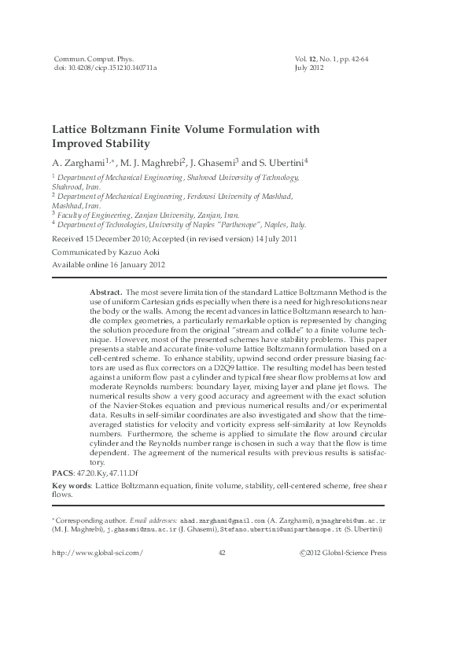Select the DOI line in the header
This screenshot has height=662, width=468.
click(x=104, y=68)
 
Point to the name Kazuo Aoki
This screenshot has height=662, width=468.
click(x=149, y=252)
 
